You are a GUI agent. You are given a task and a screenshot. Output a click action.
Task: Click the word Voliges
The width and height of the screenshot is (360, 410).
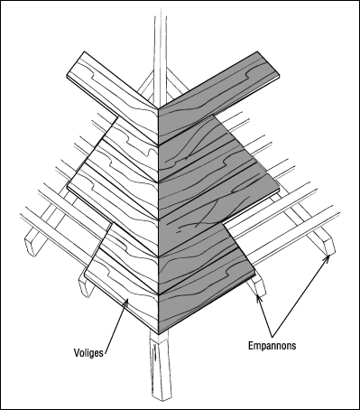coord(88,352)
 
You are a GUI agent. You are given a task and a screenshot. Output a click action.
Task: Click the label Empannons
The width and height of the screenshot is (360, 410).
coord(272,345)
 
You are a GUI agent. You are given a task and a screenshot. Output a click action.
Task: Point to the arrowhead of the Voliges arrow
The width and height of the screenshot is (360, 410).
coord(127,302)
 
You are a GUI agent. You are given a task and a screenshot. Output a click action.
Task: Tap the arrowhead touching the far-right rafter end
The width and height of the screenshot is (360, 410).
coord(328,257)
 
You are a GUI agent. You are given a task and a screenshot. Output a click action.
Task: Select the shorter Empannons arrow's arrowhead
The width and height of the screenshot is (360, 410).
coord(259,298)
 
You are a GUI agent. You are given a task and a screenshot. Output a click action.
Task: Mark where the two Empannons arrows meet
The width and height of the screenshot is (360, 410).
coord(272,337)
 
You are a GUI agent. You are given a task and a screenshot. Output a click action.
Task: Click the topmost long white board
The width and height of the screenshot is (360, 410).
coord(113,97)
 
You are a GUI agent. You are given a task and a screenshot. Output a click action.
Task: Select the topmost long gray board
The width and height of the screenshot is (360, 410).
coord(219,97)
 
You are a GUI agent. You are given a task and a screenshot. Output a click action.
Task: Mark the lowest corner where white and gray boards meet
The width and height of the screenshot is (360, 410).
coord(158,333)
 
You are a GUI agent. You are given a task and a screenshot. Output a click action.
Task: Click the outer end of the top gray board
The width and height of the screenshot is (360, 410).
coord(269,65)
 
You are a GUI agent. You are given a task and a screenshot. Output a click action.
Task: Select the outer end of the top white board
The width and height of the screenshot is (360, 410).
coord(76,64)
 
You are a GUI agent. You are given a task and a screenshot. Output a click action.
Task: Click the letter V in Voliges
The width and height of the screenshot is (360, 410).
coord(77,352)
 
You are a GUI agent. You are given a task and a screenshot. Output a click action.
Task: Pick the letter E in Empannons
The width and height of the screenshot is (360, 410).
coord(251,345)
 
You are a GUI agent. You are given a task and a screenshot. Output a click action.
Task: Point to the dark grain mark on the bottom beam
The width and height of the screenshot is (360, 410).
coord(155,354)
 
